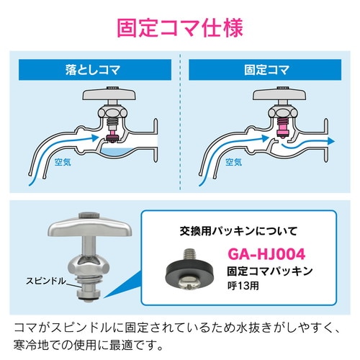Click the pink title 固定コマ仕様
click(x=180, y=29)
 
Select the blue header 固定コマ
click(x=268, y=71)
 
